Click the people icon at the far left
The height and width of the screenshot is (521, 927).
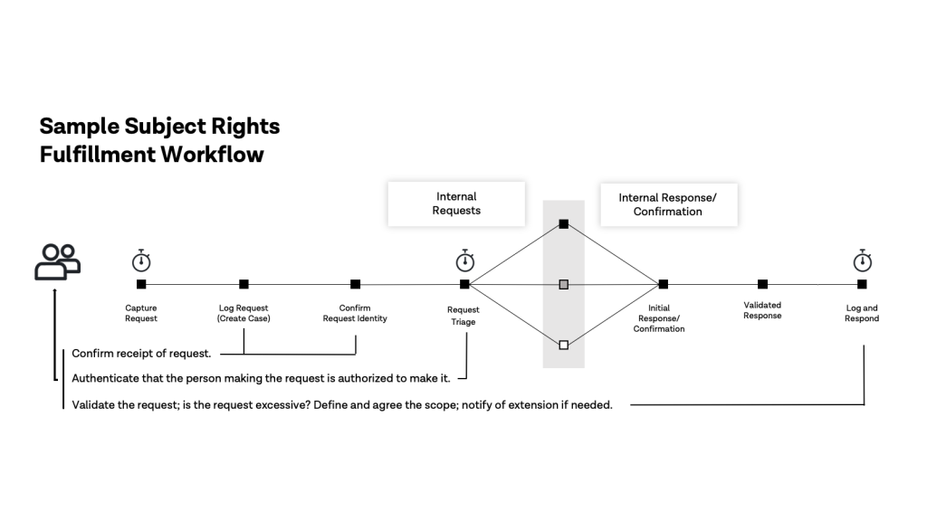[58, 261]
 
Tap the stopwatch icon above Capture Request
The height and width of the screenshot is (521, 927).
[140, 260]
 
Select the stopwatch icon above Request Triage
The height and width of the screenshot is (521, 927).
[465, 260]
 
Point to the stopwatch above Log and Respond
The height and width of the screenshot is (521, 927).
[863, 260]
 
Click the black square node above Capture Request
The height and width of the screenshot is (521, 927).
[141, 284]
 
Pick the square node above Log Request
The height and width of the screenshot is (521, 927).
[244, 284]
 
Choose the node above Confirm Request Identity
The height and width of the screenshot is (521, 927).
[355, 284]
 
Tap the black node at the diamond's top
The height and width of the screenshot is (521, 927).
[563, 224]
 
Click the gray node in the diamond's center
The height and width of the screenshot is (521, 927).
[563, 285]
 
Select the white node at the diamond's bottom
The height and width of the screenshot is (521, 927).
[563, 345]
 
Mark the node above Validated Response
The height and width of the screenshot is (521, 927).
[762, 284]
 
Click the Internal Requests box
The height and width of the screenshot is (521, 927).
[456, 204]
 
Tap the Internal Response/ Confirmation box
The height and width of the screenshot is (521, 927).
[669, 204]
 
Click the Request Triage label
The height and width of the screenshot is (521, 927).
[463, 316]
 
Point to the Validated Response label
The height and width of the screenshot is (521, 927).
[762, 310]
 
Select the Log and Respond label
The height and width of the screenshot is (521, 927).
[862, 313]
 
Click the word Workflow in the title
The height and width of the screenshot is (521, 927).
[212, 154]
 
